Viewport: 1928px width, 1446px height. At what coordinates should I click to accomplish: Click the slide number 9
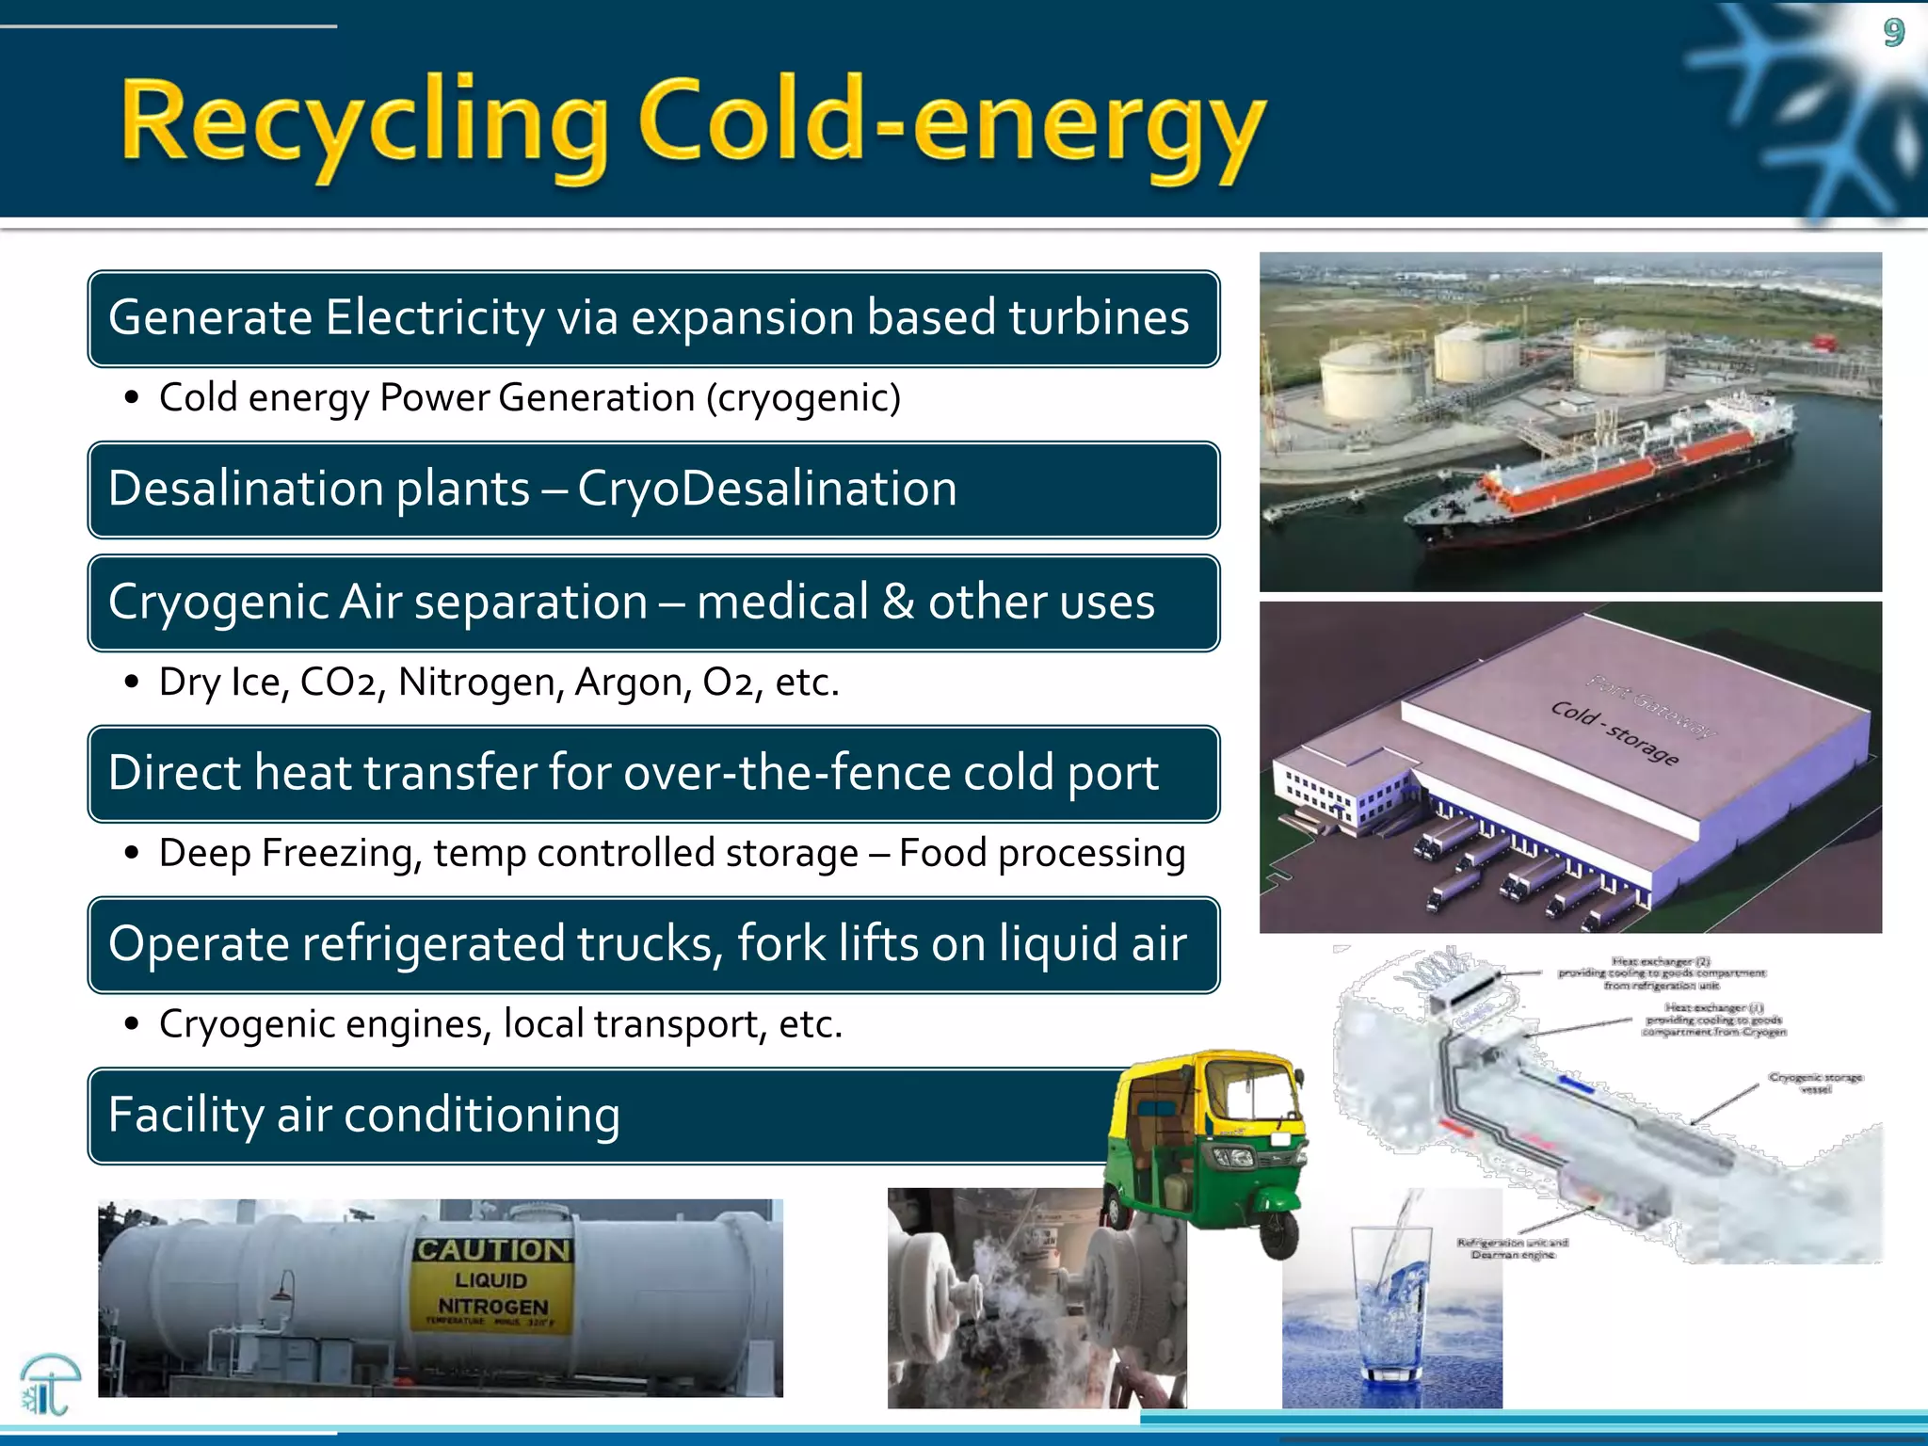click(x=1894, y=33)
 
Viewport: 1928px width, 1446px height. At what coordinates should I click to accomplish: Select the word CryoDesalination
click(x=766, y=489)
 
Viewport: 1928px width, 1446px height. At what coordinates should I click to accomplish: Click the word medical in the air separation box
click(x=782, y=602)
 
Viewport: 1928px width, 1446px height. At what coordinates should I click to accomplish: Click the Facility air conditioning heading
click(x=364, y=1115)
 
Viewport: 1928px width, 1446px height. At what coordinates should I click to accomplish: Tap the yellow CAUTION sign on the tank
click(x=492, y=1284)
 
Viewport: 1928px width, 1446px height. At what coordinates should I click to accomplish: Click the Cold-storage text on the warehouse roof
click(x=1614, y=732)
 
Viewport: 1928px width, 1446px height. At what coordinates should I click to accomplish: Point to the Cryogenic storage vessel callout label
click(x=1815, y=1083)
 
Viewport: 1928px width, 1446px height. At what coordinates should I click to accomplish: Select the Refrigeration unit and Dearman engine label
click(x=1512, y=1248)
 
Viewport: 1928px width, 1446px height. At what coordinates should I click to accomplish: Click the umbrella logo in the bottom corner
click(x=49, y=1384)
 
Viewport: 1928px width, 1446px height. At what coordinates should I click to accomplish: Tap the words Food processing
click(x=1041, y=853)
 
